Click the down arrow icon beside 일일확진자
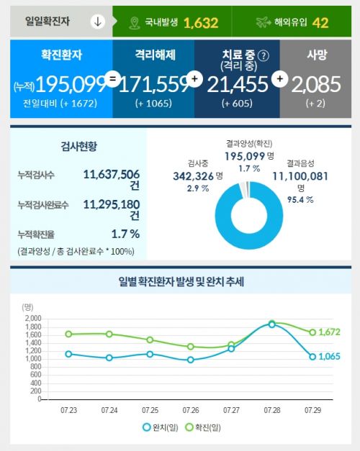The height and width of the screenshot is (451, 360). click(98, 22)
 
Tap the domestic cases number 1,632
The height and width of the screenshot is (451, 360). click(201, 23)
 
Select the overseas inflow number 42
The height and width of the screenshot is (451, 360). click(320, 23)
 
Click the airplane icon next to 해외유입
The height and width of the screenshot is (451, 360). click(264, 22)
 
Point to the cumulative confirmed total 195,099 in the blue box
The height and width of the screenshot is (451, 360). click(71, 85)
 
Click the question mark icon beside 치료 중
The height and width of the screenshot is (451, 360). click(264, 56)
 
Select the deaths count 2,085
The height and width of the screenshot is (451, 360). click(316, 85)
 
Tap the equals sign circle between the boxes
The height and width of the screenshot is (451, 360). click(112, 78)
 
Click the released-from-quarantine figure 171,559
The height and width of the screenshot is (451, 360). click(153, 85)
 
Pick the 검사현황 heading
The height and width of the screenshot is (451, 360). click(78, 147)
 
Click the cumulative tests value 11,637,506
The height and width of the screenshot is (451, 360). click(112, 174)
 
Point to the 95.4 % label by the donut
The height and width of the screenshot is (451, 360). click(300, 200)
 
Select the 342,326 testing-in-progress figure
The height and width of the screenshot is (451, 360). click(193, 176)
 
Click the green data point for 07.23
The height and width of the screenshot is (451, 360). click(68, 334)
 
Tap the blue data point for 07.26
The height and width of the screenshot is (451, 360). click(190, 360)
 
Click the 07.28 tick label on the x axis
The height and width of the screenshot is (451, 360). click(272, 410)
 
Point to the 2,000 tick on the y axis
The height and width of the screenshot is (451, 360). click(33, 319)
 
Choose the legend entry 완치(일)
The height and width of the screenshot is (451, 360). click(161, 427)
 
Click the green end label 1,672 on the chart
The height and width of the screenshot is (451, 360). click(329, 332)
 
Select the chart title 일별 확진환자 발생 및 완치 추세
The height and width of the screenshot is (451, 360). click(181, 281)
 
